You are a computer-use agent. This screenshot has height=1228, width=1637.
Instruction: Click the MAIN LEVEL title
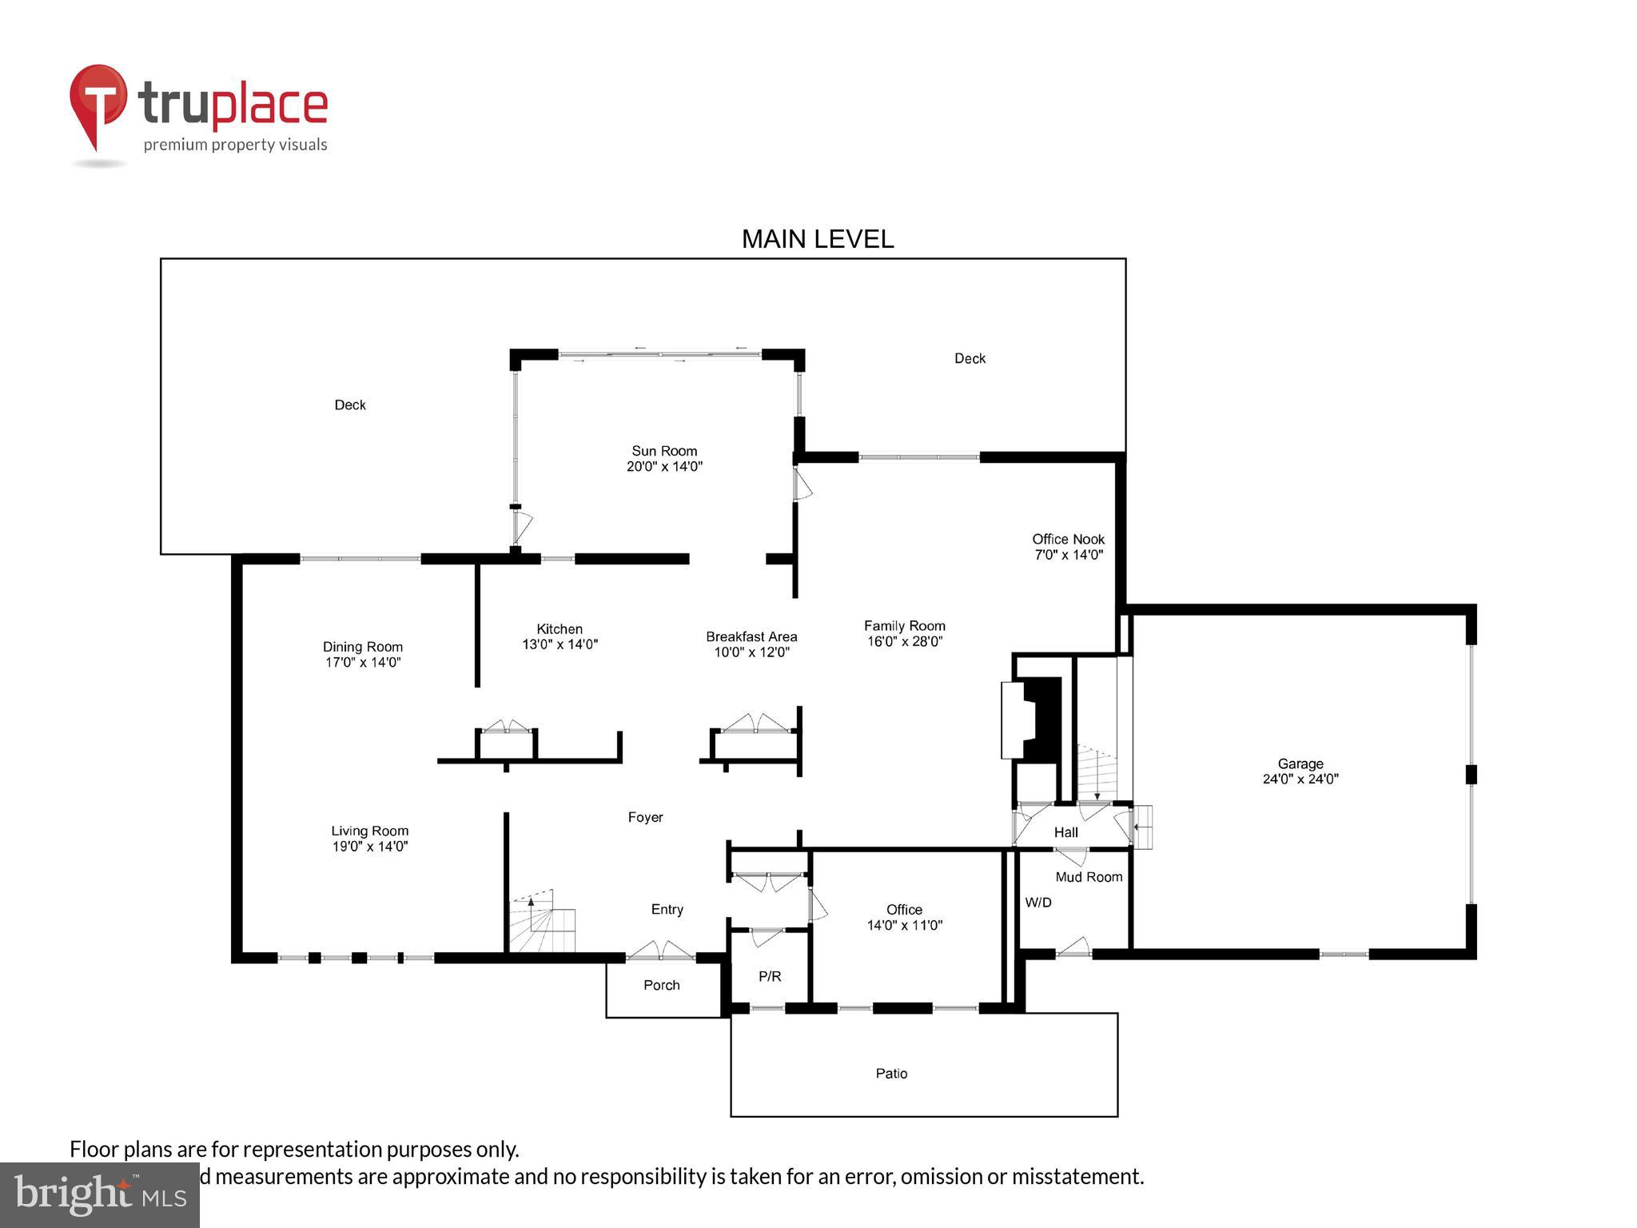[817, 239]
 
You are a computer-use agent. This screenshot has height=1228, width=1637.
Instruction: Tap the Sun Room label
[664, 451]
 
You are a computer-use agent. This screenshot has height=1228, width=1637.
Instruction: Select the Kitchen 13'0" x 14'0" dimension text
[560, 644]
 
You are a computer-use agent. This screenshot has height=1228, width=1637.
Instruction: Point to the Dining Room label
[362, 647]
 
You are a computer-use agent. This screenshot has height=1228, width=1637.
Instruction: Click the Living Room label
[369, 831]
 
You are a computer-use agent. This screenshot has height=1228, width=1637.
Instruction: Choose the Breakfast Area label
[751, 636]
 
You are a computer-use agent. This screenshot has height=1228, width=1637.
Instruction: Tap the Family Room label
[904, 626]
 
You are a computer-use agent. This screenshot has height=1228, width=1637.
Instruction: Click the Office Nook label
[1068, 539]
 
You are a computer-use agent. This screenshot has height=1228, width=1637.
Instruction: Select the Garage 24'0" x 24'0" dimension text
[1300, 779]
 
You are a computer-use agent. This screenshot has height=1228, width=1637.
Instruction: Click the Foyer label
[645, 817]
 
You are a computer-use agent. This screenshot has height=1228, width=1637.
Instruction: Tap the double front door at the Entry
[660, 952]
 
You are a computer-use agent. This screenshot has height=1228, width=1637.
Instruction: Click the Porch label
[661, 985]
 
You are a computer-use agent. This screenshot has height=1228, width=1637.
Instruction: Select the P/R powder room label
[769, 976]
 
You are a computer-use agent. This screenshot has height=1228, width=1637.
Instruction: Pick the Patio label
[891, 1073]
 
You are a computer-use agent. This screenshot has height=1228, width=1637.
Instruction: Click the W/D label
[1038, 902]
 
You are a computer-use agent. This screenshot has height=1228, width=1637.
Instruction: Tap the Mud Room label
[1089, 877]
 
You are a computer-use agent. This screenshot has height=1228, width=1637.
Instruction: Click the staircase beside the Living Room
[541, 923]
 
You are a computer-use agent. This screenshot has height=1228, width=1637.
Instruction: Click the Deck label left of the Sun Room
[349, 405]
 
